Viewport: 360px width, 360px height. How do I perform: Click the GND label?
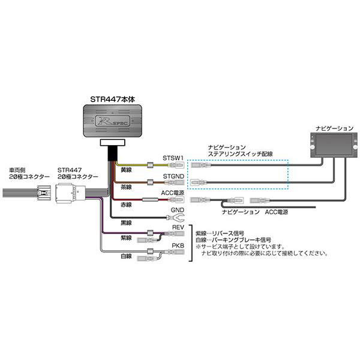click(x=177, y=211)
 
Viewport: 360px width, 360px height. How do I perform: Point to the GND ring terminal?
click(x=178, y=219)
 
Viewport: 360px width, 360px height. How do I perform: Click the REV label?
click(x=178, y=228)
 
